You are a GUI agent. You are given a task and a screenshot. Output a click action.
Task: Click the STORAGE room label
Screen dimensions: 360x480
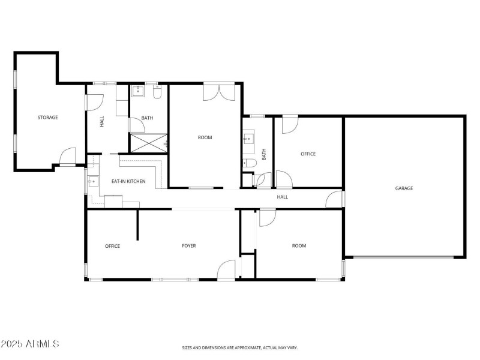click(48, 118)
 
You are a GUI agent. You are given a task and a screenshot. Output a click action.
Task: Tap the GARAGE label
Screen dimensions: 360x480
click(404, 188)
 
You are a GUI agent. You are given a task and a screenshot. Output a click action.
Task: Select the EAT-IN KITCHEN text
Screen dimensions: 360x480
click(128, 181)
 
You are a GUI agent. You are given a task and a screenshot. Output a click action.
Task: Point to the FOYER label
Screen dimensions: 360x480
click(189, 246)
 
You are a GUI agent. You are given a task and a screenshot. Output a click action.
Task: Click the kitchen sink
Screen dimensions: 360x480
click(93, 181)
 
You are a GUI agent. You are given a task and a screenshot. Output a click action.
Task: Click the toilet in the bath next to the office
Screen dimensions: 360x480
click(250, 163)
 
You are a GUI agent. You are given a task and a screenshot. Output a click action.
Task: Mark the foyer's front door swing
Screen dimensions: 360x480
click(227, 269)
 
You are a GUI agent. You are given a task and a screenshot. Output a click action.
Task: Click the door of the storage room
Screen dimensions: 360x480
click(67, 157)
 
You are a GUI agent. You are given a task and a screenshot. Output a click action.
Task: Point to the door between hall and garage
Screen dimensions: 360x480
click(334, 199)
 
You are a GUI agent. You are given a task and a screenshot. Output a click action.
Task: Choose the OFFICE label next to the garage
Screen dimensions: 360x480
click(308, 154)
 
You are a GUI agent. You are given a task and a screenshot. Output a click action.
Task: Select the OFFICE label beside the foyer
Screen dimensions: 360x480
click(112, 246)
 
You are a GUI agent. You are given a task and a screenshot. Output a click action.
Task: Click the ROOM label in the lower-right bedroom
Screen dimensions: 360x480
click(299, 246)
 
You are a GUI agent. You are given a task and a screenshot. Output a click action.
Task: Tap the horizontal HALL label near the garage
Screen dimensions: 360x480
click(282, 197)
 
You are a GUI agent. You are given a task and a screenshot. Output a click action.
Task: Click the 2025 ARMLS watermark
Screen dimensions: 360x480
click(30, 344)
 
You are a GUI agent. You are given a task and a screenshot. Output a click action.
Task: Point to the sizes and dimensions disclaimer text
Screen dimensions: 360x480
click(240, 347)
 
